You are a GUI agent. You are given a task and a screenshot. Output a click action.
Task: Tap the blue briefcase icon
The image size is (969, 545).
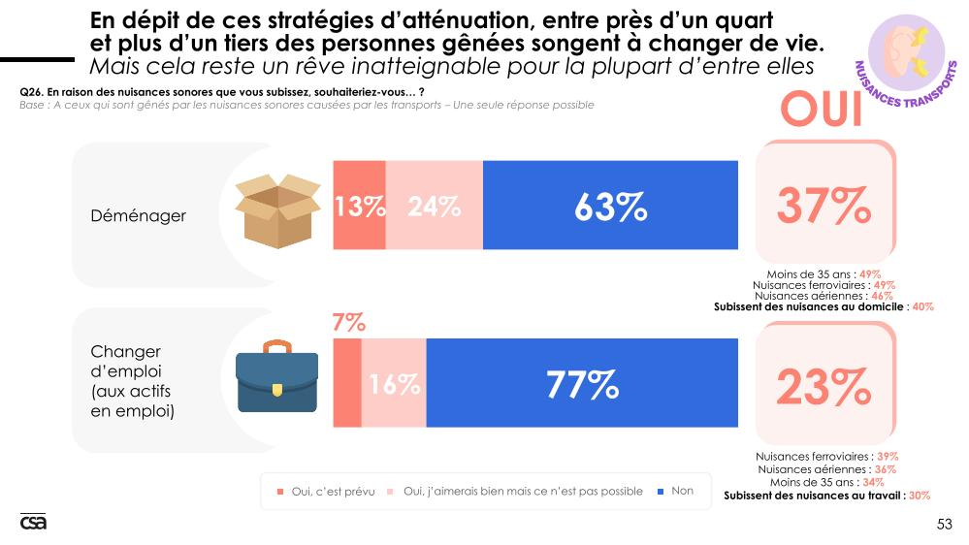coord(277,381)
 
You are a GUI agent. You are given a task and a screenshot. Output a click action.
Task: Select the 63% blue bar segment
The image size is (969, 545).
coord(610,207)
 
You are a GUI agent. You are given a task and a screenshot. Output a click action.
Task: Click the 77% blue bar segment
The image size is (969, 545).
coord(582,385)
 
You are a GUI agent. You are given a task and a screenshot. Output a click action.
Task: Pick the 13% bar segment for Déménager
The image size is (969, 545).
coord(360,207)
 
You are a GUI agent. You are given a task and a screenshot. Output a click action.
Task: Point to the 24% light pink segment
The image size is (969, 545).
coord(434,207)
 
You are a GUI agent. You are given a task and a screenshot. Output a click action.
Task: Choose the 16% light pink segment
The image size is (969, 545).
coord(394,385)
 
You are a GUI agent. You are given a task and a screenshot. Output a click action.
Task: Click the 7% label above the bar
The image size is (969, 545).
coord(348,322)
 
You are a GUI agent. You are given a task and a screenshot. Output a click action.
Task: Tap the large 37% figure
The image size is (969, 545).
coord(824,205)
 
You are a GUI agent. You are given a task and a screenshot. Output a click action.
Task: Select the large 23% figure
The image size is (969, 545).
coord(824,387)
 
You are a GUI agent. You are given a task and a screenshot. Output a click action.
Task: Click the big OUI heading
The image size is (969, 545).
coord(823,111)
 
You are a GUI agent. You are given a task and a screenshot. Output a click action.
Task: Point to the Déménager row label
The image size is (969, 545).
coord(139,215)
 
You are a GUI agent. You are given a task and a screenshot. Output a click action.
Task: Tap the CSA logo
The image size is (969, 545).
coord(33,522)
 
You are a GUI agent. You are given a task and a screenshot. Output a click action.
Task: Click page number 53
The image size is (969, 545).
coord(944,524)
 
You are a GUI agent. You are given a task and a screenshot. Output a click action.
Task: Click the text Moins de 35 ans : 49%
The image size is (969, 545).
coord(824,274)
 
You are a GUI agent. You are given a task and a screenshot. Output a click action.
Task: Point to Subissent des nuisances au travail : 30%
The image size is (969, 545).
coord(827,495)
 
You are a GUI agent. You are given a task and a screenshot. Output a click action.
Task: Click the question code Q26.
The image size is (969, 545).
coord(31,91)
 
